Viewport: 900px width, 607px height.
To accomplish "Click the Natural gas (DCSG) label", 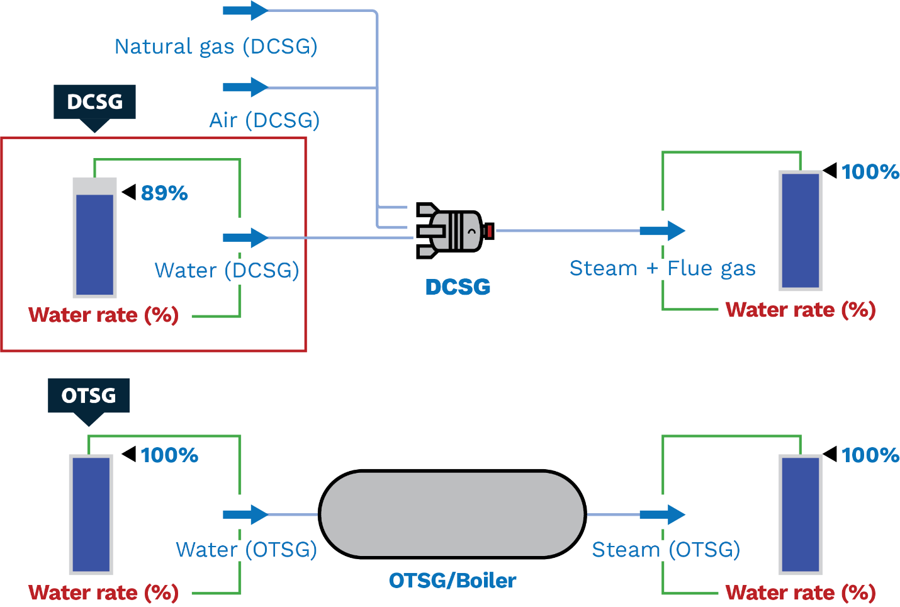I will (x=216, y=47).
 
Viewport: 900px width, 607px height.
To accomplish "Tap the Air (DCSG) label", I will (x=264, y=120).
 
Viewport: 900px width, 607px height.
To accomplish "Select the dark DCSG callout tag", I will (x=94, y=102).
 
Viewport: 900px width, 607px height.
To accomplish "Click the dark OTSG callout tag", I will (x=89, y=395).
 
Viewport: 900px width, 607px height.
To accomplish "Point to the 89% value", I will (x=164, y=193).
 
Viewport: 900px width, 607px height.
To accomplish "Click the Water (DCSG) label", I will (x=227, y=271).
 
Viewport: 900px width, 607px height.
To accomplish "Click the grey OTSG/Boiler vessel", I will (x=452, y=514).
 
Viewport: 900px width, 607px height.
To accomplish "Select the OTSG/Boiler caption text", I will (x=453, y=581).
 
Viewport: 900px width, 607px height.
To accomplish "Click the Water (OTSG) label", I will (x=247, y=550).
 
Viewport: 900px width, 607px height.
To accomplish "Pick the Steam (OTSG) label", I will (x=667, y=550).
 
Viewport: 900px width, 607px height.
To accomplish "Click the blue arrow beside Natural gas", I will (x=246, y=11).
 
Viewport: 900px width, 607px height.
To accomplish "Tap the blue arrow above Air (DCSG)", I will (x=246, y=87).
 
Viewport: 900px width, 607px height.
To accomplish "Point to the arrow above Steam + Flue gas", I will (x=663, y=231).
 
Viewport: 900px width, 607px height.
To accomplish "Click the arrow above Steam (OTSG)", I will (x=663, y=514).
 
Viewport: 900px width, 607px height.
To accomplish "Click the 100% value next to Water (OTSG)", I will (x=169, y=455).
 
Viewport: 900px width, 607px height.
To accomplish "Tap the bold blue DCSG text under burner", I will (x=458, y=287).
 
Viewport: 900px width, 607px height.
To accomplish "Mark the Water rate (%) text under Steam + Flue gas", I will (x=801, y=310).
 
